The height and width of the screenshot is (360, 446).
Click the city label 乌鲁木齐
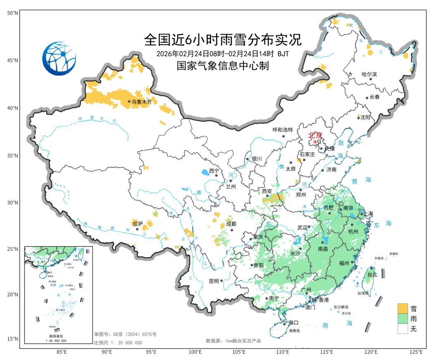142,102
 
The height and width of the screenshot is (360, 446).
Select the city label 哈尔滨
369,75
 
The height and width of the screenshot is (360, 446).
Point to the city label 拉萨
138,223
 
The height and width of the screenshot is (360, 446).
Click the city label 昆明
214,281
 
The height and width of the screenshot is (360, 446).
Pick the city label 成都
231,224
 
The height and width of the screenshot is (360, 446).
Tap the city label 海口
293,322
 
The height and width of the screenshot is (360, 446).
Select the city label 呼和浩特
282,130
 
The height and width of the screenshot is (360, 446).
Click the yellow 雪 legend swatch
402,308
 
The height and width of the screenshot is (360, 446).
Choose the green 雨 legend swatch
402,319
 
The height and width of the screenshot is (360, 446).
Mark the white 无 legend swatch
402,329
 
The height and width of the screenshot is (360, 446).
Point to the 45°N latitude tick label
13,61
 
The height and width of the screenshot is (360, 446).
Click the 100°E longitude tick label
195,352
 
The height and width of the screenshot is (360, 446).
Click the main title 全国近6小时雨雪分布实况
223,40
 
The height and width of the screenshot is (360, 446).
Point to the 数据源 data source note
233,341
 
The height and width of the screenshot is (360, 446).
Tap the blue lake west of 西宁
205,172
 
